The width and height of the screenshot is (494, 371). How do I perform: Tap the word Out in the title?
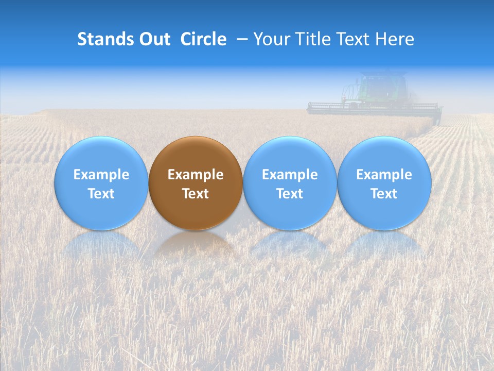tap(154, 39)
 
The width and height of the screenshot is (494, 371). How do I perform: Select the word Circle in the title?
tap(203, 39)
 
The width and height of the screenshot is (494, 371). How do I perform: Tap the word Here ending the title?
tap(395, 39)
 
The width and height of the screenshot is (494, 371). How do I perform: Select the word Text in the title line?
tap(355, 39)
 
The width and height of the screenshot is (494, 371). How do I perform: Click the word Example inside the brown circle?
tap(196, 175)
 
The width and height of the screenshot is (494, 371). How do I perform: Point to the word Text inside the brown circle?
tap(196, 194)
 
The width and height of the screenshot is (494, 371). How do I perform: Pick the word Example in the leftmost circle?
tap(101, 175)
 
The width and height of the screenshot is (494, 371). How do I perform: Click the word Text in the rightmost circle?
tap(384, 194)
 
